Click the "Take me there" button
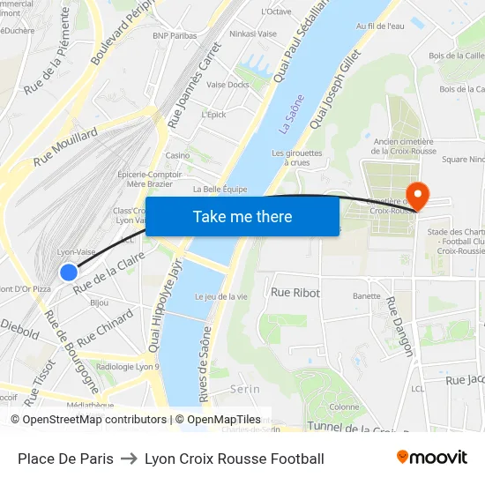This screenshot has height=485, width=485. pos(242,217)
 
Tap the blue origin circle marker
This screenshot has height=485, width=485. pos(69,272)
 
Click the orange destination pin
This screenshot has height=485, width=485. pos(414,195)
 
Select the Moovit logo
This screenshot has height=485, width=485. pos(432,458)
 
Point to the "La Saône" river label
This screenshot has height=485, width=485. pos(291,115)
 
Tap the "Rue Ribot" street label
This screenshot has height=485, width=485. pos(295,292)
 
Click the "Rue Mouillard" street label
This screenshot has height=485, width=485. pos(66,146)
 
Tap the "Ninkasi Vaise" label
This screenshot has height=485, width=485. pos(253,34)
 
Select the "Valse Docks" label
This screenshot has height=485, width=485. pos(228,85)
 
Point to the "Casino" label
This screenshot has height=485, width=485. pos(177,155)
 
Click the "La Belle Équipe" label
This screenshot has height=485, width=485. pos(220,189)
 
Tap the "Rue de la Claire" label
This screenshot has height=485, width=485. pos(108,272)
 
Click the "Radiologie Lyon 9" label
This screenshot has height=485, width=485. pos(127,367)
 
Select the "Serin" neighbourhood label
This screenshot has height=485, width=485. pos(244,388)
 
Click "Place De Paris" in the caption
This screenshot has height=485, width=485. pos(65,459)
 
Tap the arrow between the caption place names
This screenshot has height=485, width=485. pos(129,459)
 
